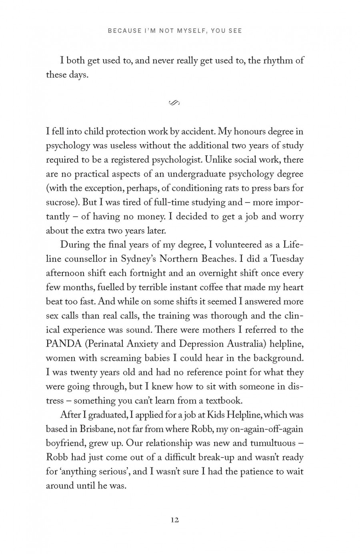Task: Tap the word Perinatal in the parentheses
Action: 112,344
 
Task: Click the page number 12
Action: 174,520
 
